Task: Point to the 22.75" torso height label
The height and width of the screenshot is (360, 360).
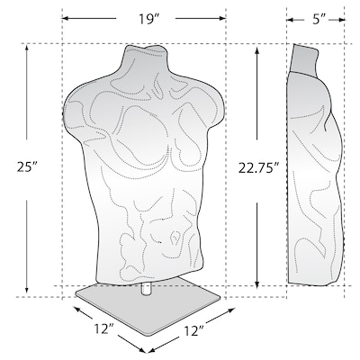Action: (260, 166)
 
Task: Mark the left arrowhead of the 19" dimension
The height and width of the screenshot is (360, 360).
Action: (66, 17)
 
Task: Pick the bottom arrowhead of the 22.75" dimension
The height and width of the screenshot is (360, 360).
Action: (260, 281)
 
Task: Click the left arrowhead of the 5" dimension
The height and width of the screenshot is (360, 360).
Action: (290, 17)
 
